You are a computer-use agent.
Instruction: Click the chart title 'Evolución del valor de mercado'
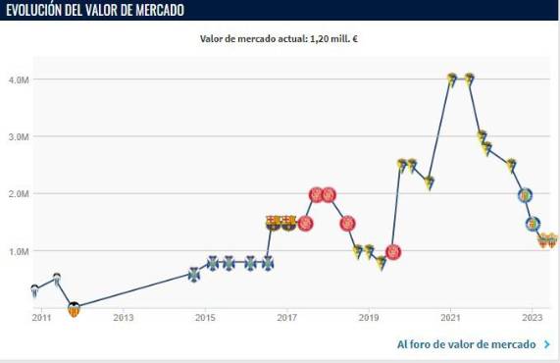94,10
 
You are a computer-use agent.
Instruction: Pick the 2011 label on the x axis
41,318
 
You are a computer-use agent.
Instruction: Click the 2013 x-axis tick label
123,318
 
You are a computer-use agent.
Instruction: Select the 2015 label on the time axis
205,318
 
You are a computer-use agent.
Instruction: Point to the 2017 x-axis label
286,318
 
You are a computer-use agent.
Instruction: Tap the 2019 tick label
369,318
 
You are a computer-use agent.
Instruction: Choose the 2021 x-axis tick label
450,318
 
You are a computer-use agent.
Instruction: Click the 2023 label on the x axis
532,318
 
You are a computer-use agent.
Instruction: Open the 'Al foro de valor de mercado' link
466,344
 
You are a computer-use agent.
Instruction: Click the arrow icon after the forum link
546,344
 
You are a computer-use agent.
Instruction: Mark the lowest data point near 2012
74,309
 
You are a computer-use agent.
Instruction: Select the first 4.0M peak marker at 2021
452,79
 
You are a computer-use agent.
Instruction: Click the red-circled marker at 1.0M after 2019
393,252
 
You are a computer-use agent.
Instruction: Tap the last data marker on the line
551,240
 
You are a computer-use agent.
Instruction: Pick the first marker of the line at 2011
34,291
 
